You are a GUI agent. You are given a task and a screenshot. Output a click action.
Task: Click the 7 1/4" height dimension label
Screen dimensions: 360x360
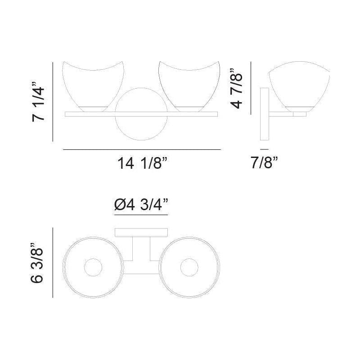point(38,101)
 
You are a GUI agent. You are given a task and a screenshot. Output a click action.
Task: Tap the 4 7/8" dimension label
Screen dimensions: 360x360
point(237,88)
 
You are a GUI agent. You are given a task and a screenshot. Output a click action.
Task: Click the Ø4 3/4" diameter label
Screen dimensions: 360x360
point(141,205)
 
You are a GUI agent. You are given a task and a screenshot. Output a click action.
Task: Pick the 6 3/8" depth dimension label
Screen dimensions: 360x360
point(37,262)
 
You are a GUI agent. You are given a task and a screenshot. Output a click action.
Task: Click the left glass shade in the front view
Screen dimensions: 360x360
point(93,86)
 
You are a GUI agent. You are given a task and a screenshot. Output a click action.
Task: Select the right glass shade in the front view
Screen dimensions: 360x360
point(189,86)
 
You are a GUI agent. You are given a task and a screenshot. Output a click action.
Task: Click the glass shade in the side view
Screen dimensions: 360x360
point(299,86)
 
